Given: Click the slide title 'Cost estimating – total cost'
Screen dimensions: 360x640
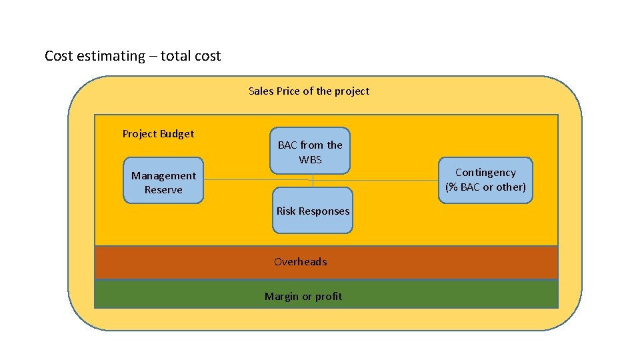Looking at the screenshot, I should pyautogui.click(x=133, y=56).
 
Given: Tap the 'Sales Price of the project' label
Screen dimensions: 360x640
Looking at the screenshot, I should pyautogui.click(x=309, y=91).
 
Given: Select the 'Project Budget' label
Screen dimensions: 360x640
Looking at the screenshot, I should pyautogui.click(x=158, y=134).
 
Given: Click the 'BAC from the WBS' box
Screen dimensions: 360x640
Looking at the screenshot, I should pyautogui.click(x=310, y=151).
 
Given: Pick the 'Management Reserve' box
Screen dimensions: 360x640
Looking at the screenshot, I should pyautogui.click(x=163, y=181).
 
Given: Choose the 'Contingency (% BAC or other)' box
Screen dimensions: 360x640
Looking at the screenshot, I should pyautogui.click(x=485, y=180).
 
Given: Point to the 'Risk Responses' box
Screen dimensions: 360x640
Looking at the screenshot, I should pyautogui.click(x=313, y=211).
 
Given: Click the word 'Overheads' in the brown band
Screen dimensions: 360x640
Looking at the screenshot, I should pyautogui.click(x=301, y=262).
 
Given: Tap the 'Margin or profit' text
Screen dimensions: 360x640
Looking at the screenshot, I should pyautogui.click(x=303, y=297).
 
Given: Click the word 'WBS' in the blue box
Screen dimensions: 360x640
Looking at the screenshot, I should pyautogui.click(x=310, y=160).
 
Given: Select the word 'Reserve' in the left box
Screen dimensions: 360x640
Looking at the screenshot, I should pyautogui.click(x=163, y=190).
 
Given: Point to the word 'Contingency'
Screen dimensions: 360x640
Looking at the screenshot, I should pyautogui.click(x=485, y=173).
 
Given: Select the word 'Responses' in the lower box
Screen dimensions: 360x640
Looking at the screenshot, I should pyautogui.click(x=325, y=211).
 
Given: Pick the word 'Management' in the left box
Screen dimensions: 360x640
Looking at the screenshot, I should pyautogui.click(x=163, y=176).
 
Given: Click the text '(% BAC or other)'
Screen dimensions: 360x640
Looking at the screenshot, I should pyautogui.click(x=485, y=187).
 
